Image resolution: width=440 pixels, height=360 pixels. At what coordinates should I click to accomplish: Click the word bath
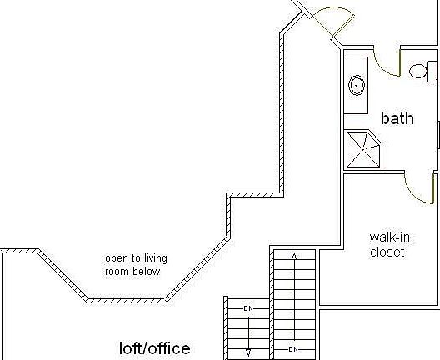pyautogui.click(x=397, y=118)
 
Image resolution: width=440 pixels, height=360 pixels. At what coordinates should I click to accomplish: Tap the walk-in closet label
pyautogui.click(x=389, y=245)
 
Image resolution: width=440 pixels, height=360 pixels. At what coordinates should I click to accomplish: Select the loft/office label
pyautogui.click(x=155, y=348)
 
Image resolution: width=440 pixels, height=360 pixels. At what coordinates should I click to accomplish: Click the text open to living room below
pyautogui.click(x=136, y=265)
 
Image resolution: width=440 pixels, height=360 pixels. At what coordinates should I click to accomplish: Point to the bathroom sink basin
pyautogui.click(x=357, y=85)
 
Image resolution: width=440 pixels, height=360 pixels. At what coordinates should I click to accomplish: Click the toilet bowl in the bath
pyautogui.click(x=418, y=71)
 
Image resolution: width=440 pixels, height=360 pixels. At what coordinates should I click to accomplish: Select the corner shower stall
pyautogui.click(x=363, y=149)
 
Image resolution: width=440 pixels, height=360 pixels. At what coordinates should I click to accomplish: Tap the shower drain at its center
pyautogui.click(x=363, y=150)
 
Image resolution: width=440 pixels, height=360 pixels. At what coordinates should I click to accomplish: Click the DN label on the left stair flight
pyautogui.click(x=248, y=308)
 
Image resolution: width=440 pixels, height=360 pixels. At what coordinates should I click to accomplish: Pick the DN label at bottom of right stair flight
pyautogui.click(x=293, y=349)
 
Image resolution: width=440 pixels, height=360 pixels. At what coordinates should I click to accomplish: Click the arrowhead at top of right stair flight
pyautogui.click(x=294, y=255)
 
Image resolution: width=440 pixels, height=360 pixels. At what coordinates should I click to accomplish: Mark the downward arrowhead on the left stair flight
pyautogui.click(x=248, y=352)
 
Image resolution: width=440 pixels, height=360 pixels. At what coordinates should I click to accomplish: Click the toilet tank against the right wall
pyautogui.click(x=432, y=72)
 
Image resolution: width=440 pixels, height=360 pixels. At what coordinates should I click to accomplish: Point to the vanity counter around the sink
pyautogui.click(x=356, y=85)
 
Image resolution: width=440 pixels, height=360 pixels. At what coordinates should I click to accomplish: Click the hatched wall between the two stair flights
pyautogui.click(x=272, y=303)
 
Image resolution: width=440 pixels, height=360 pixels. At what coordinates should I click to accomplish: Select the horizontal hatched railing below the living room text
pyautogui.click(x=127, y=301)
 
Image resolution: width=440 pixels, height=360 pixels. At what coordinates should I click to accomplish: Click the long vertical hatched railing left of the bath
pyautogui.click(x=282, y=113)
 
